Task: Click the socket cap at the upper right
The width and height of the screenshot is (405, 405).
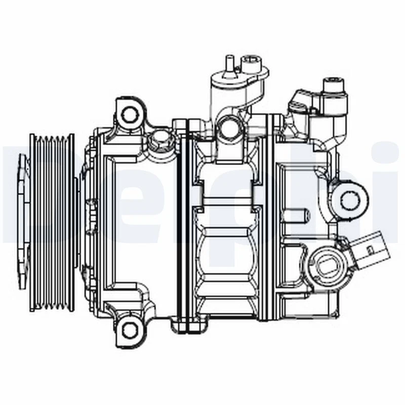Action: point(333,89)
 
